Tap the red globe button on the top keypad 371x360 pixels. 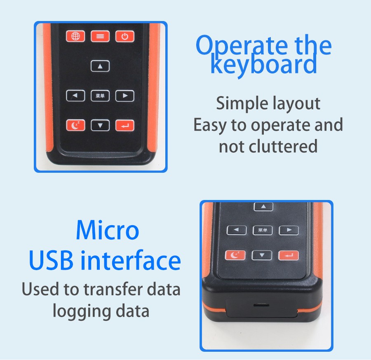click(75, 36)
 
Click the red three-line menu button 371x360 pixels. click(100, 36)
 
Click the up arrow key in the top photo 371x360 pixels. click(100, 66)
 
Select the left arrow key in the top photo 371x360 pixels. click(75, 96)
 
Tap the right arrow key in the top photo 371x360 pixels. click(124, 96)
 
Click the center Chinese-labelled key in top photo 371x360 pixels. click(100, 96)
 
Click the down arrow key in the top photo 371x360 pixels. click(100, 125)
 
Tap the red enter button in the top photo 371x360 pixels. click(124, 125)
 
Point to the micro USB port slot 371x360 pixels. click(261, 305)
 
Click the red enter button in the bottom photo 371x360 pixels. click(289, 255)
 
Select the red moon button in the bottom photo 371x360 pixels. click(235, 255)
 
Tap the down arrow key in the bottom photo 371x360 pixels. click(262, 255)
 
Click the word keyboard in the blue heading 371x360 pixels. click(263, 64)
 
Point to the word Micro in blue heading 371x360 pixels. click(108, 230)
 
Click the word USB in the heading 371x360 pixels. click(51, 260)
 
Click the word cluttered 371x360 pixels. click(283, 146)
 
